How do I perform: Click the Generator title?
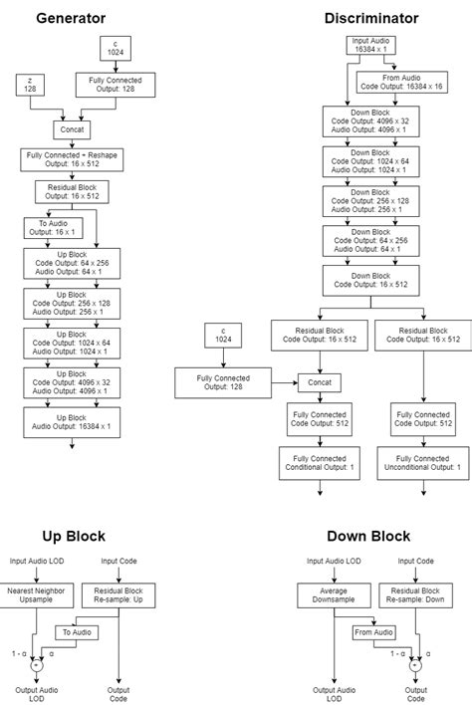[70, 18]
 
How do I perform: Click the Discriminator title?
[370, 18]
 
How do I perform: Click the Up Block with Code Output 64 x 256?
[70, 263]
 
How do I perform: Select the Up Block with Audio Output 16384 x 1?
[70, 420]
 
